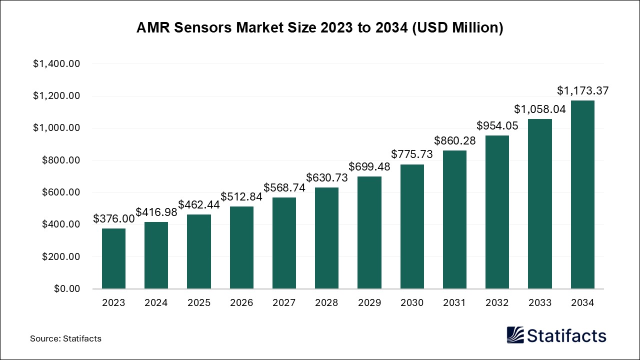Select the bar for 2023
coord(113,258)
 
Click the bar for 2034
coord(582,194)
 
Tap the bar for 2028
coord(326,238)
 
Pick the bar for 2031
coord(454,219)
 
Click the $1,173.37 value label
coord(583,91)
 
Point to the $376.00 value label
coord(114,218)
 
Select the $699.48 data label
coord(369,166)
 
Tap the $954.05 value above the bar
coord(497,125)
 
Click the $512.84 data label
coord(241,196)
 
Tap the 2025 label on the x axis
coord(199,303)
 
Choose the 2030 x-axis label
coord(412,303)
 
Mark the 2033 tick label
coord(540,303)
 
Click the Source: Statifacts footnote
coord(65,338)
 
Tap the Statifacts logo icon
coord(515,335)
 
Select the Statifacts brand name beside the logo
coord(567,335)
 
